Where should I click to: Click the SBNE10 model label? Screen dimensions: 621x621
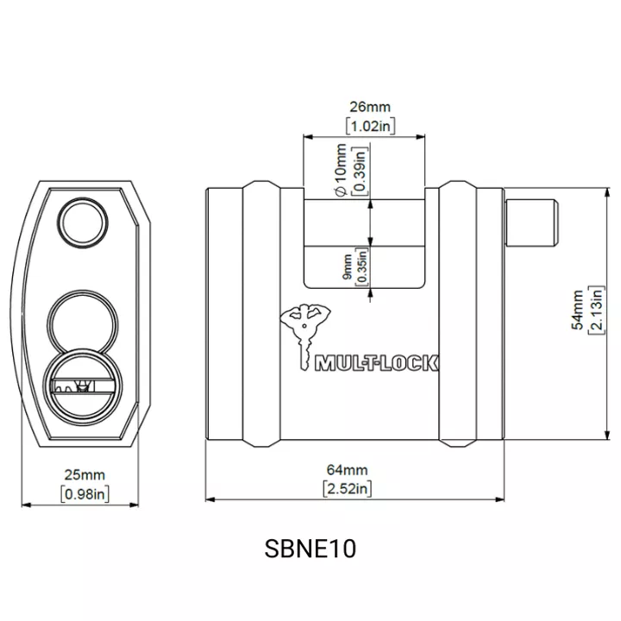(310, 549)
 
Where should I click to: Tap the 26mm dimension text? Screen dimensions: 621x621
(370, 107)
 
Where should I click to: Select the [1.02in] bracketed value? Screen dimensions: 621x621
(370, 126)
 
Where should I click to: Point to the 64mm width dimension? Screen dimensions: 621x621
(348, 470)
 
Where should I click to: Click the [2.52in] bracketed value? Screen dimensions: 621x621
(348, 489)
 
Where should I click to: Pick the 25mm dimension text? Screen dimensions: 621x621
(85, 475)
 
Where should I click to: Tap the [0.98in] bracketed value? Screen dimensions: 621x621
(85, 494)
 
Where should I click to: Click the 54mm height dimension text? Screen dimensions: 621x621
(578, 310)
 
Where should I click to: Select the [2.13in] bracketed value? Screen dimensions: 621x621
(597, 310)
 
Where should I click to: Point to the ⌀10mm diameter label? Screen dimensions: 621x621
(341, 170)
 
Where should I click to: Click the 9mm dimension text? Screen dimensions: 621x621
(347, 267)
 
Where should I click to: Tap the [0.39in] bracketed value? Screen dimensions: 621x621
(360, 170)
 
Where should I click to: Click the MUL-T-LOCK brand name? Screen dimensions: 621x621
(376, 363)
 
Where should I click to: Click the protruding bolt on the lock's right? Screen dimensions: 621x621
(531, 223)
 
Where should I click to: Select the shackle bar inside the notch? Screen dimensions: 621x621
(364, 223)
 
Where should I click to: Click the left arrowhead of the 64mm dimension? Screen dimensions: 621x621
(210, 499)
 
